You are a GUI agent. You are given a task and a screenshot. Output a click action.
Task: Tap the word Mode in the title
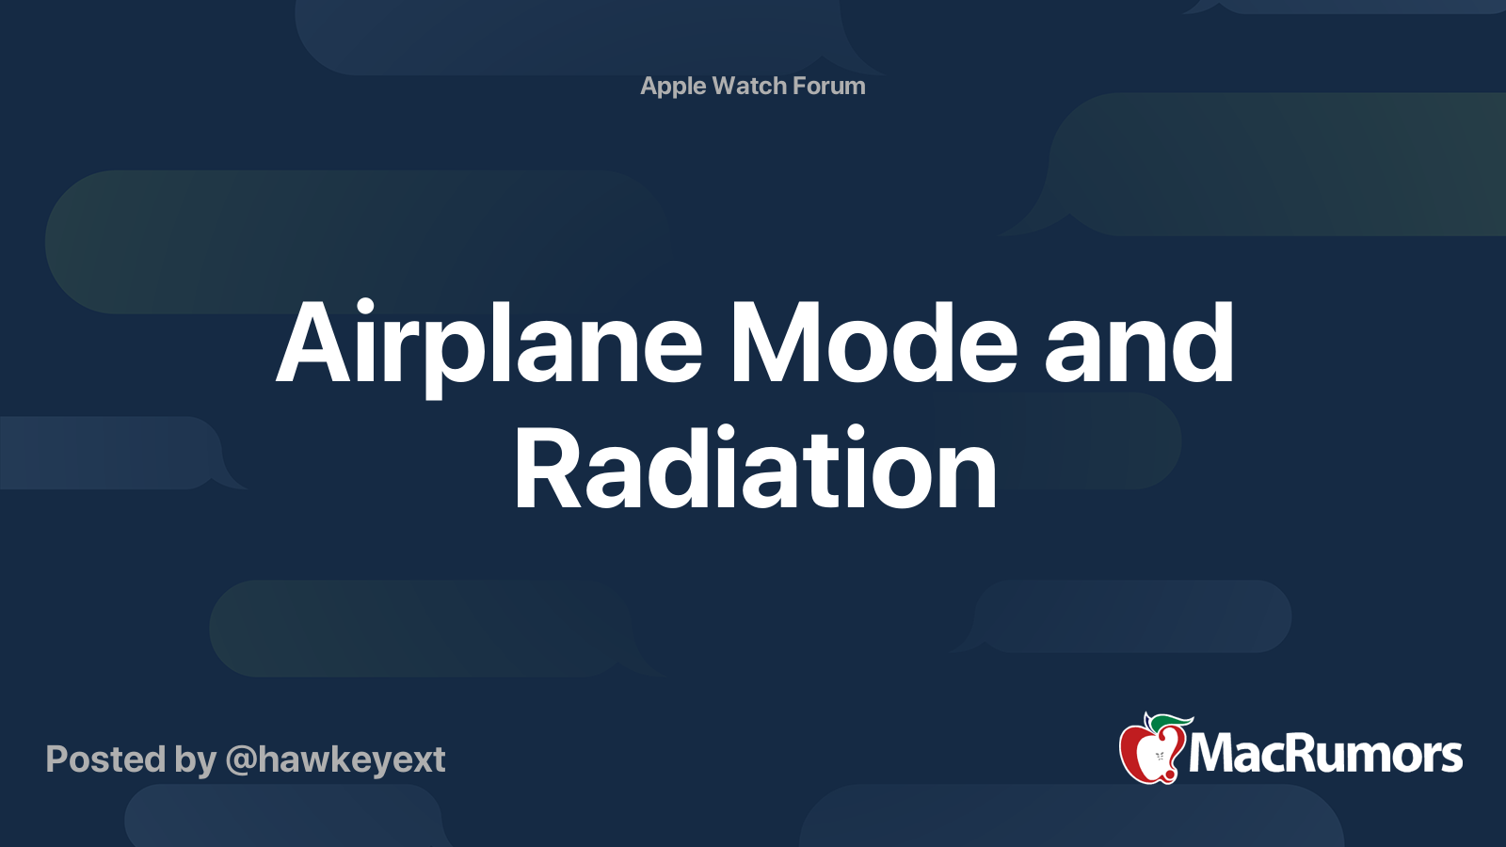click(874, 342)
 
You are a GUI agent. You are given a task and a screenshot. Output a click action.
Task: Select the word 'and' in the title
click(1139, 342)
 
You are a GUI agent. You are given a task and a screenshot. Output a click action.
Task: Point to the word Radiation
click(756, 466)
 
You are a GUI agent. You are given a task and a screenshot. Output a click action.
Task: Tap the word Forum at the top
click(829, 86)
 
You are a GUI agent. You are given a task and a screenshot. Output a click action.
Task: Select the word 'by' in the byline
click(196, 761)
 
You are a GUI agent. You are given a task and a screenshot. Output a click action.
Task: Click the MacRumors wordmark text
click(1325, 754)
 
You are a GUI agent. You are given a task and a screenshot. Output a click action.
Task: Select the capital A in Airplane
click(314, 343)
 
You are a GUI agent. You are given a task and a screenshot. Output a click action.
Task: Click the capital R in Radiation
click(547, 467)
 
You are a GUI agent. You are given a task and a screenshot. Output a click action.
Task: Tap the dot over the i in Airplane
click(365, 307)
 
